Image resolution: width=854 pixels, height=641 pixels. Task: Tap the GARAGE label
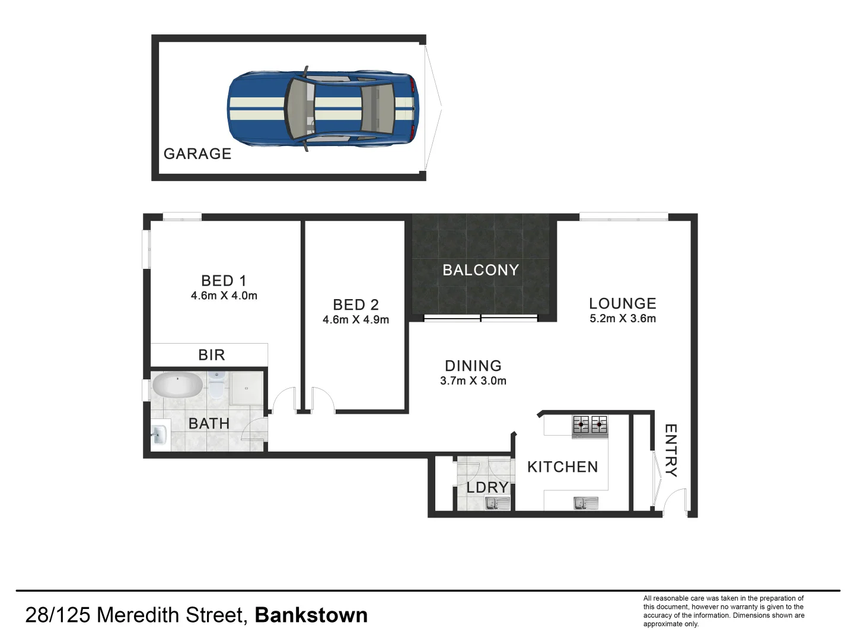(197, 154)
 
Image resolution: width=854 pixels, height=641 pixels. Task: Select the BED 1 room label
(224, 281)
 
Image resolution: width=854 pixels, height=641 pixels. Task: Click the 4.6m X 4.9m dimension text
(356, 320)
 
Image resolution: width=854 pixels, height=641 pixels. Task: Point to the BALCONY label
(481, 270)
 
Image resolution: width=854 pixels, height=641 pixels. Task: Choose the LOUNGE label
(623, 303)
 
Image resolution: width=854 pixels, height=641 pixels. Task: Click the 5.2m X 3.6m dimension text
(623, 319)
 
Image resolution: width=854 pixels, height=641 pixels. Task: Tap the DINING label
(473, 366)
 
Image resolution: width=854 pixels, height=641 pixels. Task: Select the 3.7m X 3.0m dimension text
(473, 381)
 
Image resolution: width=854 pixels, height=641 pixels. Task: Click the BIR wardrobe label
(212, 355)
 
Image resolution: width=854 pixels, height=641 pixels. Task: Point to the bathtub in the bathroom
(177, 385)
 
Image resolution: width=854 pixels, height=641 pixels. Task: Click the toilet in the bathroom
(217, 386)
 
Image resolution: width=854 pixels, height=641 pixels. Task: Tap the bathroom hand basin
(160, 434)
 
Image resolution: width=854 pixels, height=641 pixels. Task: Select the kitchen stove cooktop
(589, 426)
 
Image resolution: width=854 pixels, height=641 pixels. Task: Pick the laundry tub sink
(498, 504)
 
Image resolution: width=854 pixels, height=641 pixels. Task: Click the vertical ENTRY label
(670, 450)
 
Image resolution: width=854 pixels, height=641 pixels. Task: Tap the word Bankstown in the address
(311, 615)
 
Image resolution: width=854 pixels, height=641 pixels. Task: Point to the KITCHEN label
(563, 467)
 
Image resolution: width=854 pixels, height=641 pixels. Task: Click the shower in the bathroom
(247, 389)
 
